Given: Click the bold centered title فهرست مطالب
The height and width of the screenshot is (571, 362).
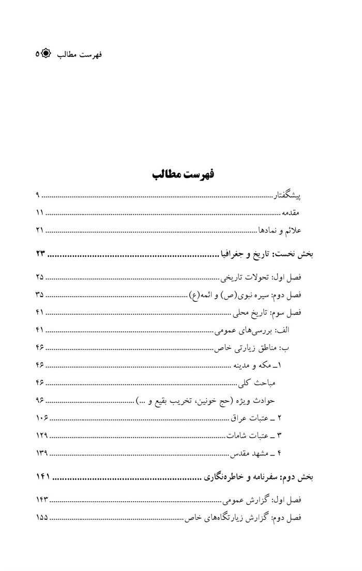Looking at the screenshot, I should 183,174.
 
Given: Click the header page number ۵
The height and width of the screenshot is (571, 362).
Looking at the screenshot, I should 37,54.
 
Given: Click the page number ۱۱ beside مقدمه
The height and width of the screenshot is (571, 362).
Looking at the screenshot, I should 40,213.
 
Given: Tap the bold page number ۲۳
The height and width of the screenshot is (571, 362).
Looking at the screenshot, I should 41,254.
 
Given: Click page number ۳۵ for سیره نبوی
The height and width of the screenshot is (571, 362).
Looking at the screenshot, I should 40,295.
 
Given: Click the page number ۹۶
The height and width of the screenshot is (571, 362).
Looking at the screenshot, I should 40,400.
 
